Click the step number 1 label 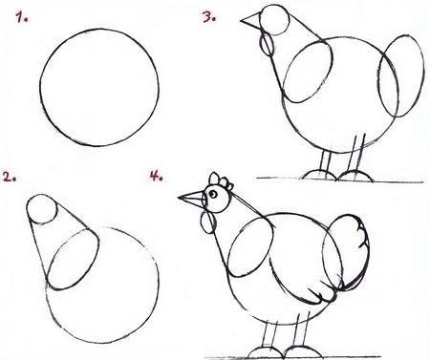22,17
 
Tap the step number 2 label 9,177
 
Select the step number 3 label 209,17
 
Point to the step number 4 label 157,176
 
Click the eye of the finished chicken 213,194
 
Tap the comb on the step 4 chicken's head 221,180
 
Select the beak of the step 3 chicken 251,20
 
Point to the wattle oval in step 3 267,45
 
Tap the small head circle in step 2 42,209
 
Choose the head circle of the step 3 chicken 274,19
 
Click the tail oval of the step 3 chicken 401,75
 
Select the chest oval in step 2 73,260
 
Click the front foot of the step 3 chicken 319,175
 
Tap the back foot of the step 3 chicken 355,176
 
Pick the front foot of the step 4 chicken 265,353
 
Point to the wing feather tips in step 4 318,294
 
